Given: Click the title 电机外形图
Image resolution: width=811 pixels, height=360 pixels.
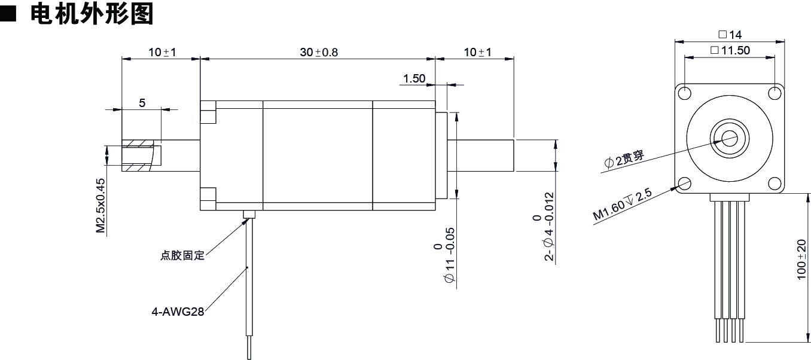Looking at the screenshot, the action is pyautogui.click(x=92, y=13).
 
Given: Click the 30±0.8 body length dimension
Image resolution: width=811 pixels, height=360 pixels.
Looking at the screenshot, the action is pyautogui.click(x=319, y=52).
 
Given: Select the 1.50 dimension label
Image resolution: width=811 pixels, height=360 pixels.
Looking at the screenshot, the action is pyautogui.click(x=414, y=78).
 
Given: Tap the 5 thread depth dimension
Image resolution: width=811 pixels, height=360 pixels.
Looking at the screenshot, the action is pyautogui.click(x=142, y=103).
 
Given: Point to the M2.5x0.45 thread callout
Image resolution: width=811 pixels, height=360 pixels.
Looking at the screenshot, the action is pyautogui.click(x=100, y=205).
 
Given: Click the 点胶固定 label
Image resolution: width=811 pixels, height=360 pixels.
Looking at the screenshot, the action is pyautogui.click(x=182, y=255).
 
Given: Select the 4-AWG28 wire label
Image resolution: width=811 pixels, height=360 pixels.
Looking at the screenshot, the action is pyautogui.click(x=178, y=312).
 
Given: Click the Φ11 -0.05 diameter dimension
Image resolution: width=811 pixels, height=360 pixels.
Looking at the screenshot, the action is pyautogui.click(x=444, y=255).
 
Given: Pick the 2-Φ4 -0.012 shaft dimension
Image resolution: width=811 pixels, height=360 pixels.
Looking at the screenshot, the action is pyautogui.click(x=544, y=227).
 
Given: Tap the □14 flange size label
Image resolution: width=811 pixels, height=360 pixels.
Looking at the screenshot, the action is pyautogui.click(x=730, y=35).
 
